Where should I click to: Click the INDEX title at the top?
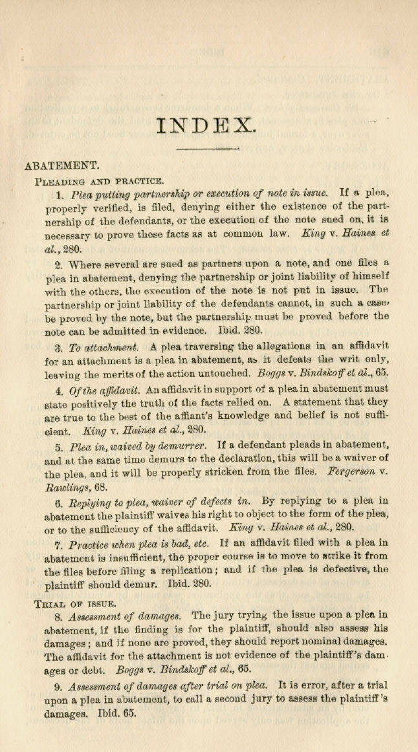(206, 124)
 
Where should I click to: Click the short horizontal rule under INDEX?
(207, 150)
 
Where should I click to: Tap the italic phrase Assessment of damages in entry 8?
(125, 617)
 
